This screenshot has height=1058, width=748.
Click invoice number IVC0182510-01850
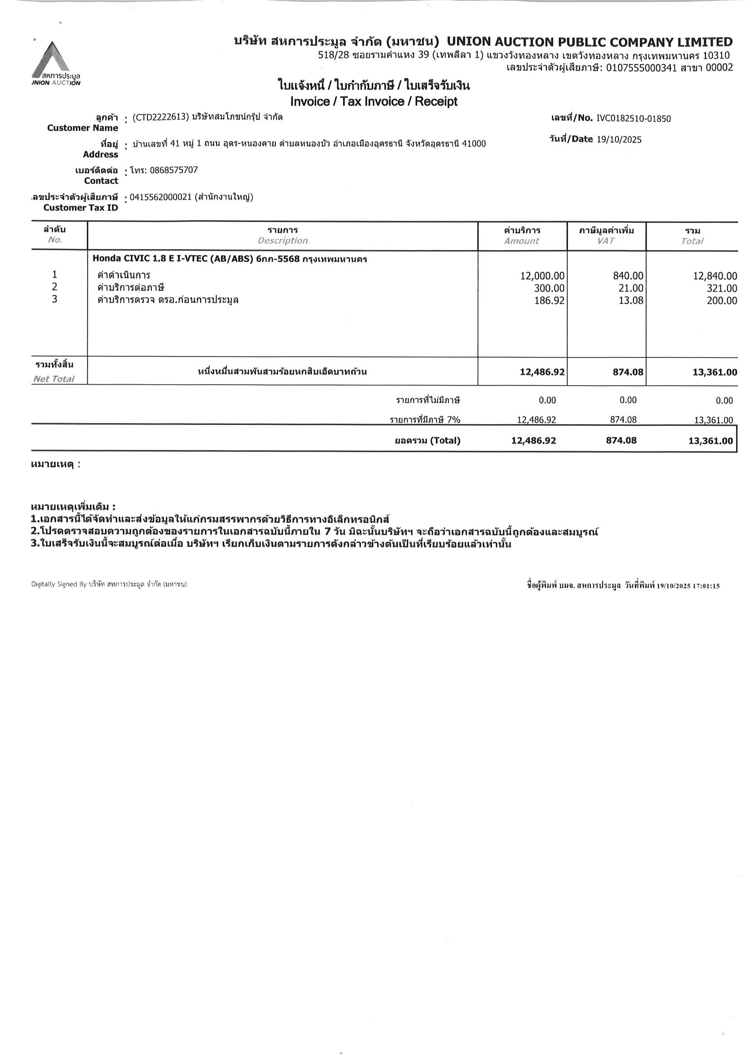point(634,118)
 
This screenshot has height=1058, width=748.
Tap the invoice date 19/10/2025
point(619,140)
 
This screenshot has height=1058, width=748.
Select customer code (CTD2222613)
point(160,117)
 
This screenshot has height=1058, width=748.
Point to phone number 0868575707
point(174,170)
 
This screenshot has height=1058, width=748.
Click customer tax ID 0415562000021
point(160,197)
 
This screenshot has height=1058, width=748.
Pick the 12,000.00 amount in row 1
point(542,276)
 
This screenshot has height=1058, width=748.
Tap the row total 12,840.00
point(715,276)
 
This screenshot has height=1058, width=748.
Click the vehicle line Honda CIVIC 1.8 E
point(230,259)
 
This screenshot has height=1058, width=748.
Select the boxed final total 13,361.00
point(710,440)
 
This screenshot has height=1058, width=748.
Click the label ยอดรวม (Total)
point(427,440)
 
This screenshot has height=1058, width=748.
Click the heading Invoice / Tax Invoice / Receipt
point(374,101)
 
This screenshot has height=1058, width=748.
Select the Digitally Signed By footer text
point(109,585)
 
